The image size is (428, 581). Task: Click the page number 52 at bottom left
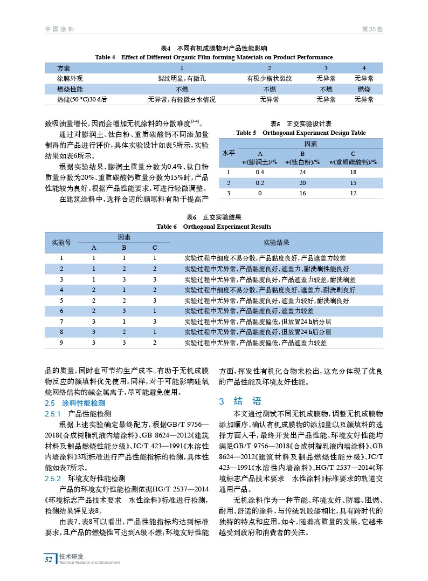[x=49, y=559]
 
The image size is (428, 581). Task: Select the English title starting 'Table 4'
[x=213, y=57]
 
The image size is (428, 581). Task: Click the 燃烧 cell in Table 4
[x=364, y=89]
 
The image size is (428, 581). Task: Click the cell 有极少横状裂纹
[x=270, y=79]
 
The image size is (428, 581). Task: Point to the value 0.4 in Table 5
[x=260, y=172]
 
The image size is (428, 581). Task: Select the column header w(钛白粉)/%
[x=302, y=162]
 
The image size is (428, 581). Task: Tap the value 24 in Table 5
[x=302, y=172]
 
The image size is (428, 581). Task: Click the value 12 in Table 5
[x=353, y=193]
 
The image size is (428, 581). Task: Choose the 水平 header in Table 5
[x=229, y=153]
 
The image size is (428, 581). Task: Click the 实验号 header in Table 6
[x=61, y=242]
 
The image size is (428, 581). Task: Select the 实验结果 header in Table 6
[x=276, y=242]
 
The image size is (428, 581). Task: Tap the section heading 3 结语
[x=240, y=401]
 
